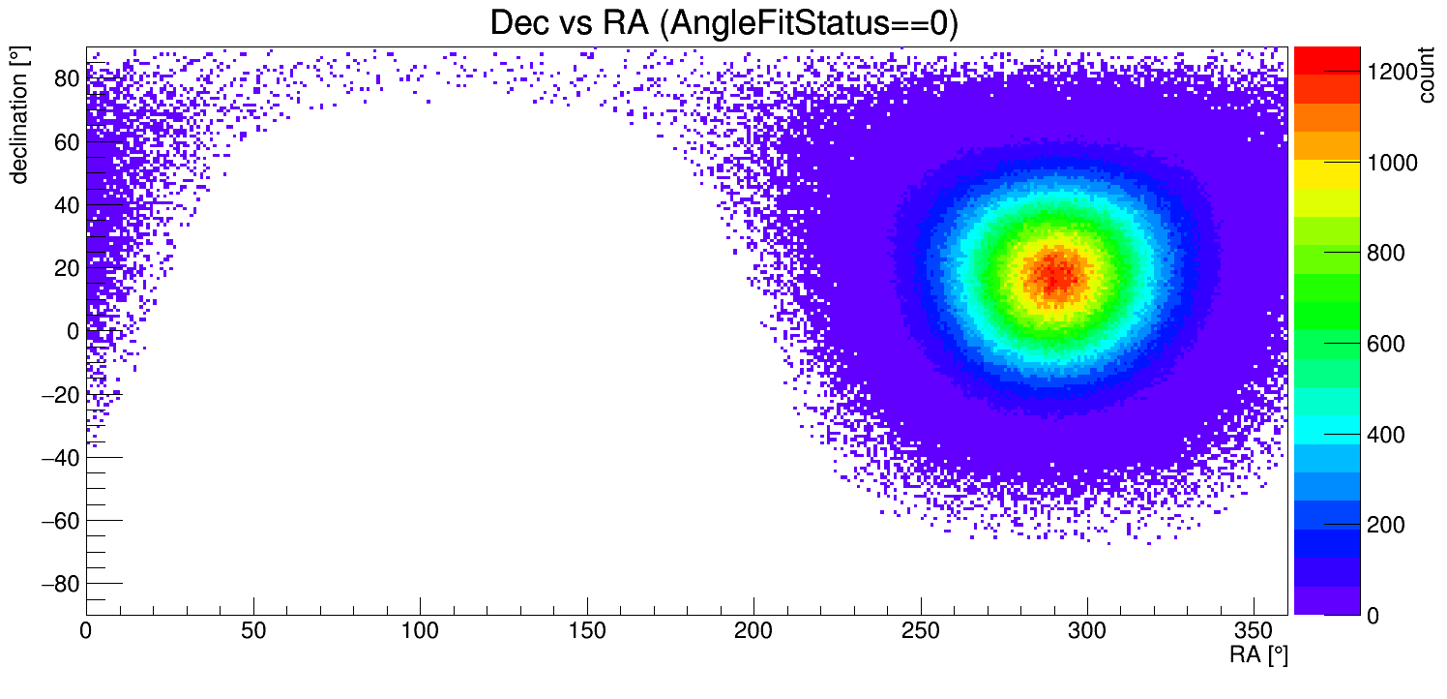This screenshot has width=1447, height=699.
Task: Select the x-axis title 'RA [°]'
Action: click(x=1258, y=654)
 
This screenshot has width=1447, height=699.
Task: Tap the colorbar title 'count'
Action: click(x=1427, y=78)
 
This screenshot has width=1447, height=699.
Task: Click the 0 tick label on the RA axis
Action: click(x=86, y=630)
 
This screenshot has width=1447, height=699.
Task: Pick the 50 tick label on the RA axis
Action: click(x=253, y=630)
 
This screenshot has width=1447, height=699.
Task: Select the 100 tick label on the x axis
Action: click(x=420, y=630)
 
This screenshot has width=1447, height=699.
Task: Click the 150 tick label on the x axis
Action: click(x=587, y=630)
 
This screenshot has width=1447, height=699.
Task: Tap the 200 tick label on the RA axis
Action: click(x=753, y=630)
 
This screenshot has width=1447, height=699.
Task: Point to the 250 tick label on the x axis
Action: click(x=921, y=630)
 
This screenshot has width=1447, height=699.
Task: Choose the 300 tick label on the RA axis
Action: click(x=1087, y=630)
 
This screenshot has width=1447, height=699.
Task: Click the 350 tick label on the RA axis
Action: click(x=1255, y=630)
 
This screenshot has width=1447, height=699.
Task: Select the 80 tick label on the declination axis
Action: click(x=65, y=78)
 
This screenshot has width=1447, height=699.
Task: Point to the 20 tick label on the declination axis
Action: click(x=65, y=268)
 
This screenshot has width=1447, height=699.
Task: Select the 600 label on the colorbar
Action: click(x=1389, y=344)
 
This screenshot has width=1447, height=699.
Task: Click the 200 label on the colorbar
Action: click(x=1389, y=525)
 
